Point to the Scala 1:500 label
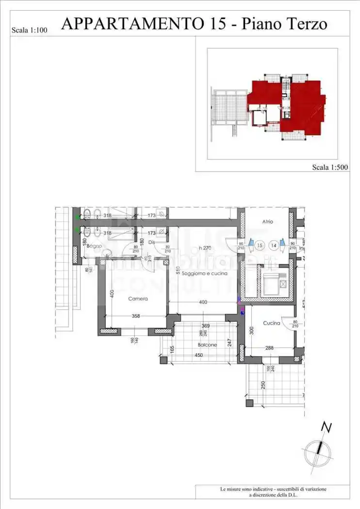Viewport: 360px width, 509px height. (330, 167)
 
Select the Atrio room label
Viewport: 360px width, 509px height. (268, 222)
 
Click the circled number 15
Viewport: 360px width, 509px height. (260, 245)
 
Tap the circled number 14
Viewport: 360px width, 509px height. (274, 245)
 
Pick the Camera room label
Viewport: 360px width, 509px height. (138, 299)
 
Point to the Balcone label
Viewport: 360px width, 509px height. (207, 345)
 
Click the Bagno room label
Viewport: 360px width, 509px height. (95, 247)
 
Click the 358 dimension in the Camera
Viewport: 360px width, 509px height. (136, 316)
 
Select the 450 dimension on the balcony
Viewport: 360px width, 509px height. (199, 355)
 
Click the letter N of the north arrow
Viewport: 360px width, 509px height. (327, 427)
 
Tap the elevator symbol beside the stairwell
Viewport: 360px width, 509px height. (270, 284)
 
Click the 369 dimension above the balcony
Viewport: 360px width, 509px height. (205, 326)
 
